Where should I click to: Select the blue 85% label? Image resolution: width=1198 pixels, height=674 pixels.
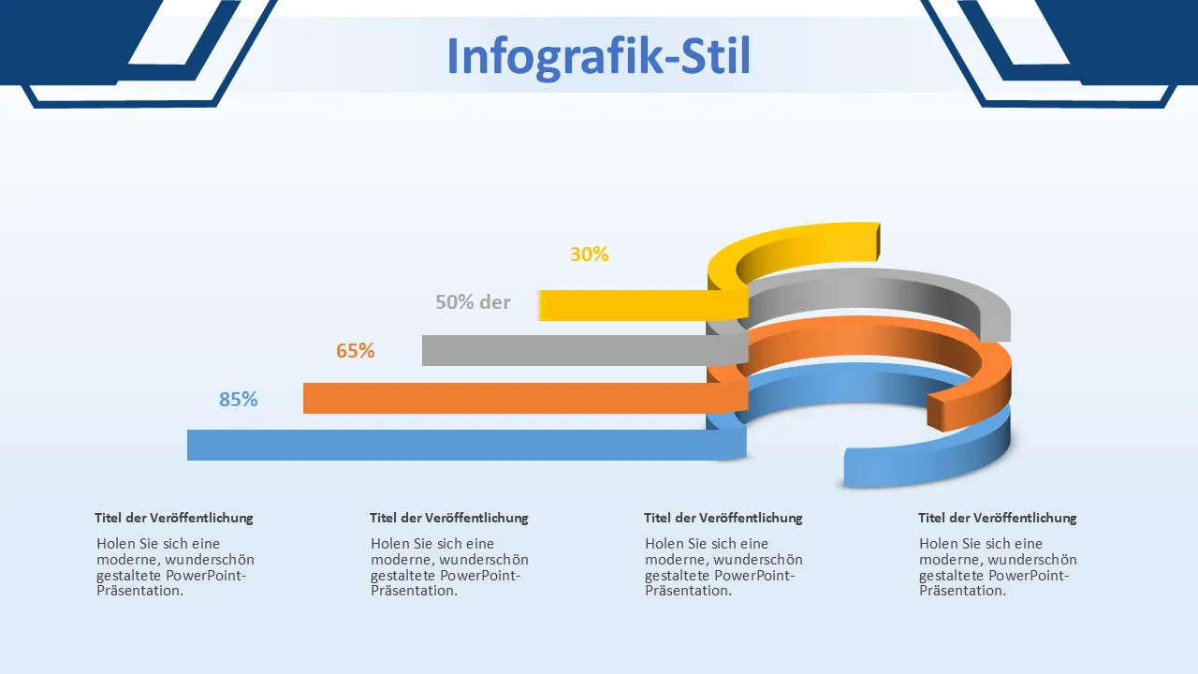click(238, 399)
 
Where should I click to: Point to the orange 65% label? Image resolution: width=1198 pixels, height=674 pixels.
click(355, 350)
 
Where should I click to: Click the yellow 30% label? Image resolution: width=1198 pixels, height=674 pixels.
click(589, 254)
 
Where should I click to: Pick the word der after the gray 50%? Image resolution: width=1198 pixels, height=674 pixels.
click(495, 302)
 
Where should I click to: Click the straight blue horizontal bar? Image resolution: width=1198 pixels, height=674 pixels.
click(466, 445)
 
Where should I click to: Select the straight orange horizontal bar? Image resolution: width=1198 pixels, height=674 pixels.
click(525, 398)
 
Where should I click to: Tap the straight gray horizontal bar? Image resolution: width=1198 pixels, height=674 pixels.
click(585, 350)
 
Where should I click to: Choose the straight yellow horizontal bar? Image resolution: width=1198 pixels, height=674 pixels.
click(643, 305)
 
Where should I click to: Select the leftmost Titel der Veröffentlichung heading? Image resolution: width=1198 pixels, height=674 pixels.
click(174, 518)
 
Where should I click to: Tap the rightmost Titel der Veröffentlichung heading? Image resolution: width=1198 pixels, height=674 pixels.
click(998, 518)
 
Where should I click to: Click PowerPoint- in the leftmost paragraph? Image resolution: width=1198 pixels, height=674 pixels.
click(206, 576)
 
